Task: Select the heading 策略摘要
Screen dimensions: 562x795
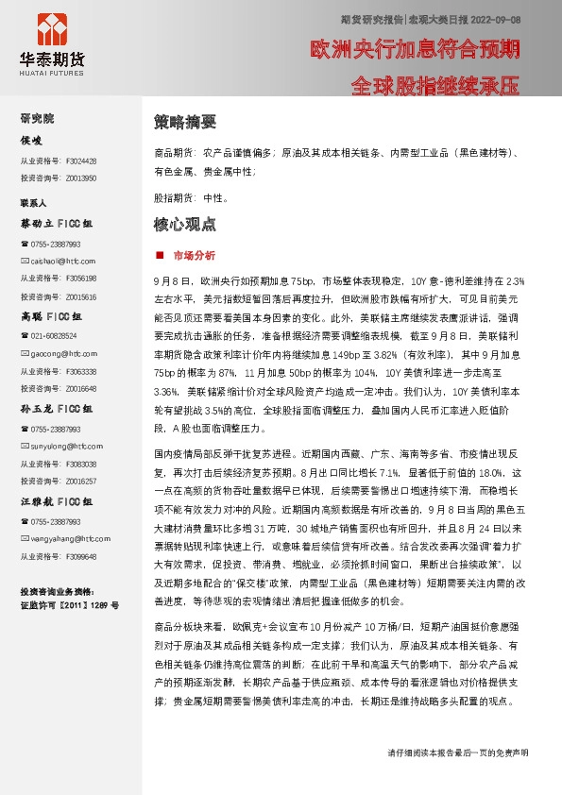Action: click(x=185, y=122)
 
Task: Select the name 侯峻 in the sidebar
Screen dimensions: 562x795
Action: click(x=32, y=141)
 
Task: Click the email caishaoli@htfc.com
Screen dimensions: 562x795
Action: click(x=62, y=260)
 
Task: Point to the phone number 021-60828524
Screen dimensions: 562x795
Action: click(x=55, y=336)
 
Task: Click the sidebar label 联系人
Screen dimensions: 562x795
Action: click(x=33, y=203)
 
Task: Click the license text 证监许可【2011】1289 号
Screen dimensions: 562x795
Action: click(x=69, y=604)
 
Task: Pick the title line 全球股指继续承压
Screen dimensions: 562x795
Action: click(x=434, y=87)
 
